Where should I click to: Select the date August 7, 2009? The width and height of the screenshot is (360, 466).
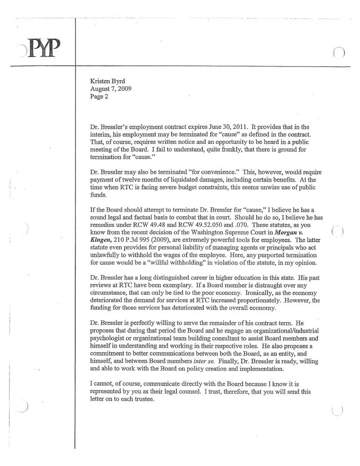pyautogui.click(x=111, y=89)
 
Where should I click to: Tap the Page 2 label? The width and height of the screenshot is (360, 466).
pyautogui.click(x=99, y=97)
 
